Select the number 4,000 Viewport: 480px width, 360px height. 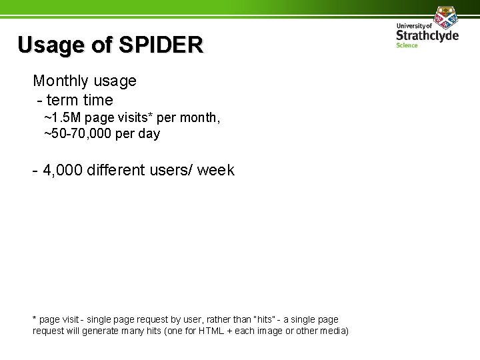pos(64,170)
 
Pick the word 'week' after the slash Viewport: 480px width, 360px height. pos(217,170)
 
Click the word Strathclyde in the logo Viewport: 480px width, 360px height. pos(427,35)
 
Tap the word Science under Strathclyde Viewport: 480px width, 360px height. pos(406,45)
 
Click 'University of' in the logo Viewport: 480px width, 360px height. pos(414,25)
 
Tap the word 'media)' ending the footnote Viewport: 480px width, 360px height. pos(333,331)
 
